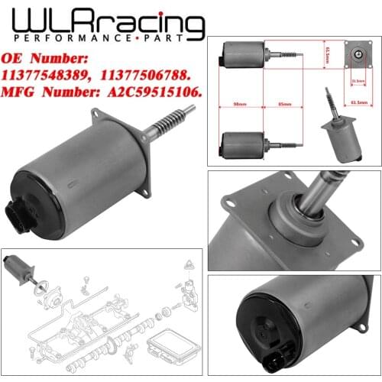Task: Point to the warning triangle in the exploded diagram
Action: (x=189, y=263)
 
